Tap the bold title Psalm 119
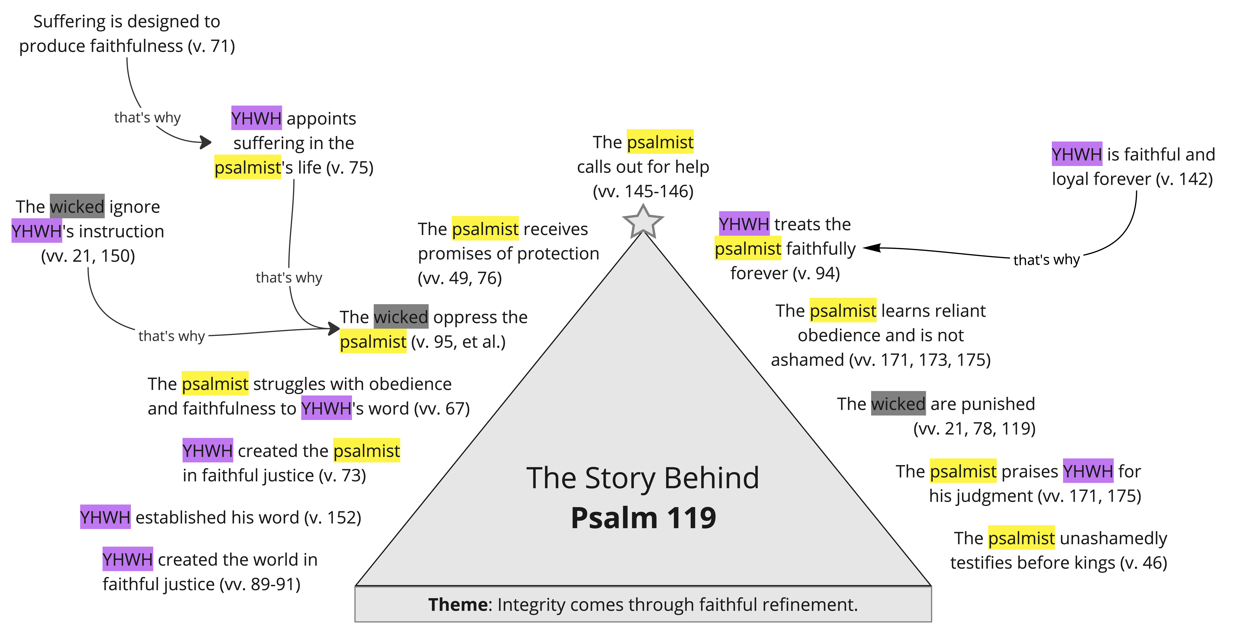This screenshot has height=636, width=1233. tap(643, 518)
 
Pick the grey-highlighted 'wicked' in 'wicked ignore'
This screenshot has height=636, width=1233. tap(77, 206)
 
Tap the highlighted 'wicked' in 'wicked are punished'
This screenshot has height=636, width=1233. tap(898, 404)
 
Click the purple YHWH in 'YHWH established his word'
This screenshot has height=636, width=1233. tap(105, 517)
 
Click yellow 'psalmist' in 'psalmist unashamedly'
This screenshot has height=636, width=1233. tap(1021, 538)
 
